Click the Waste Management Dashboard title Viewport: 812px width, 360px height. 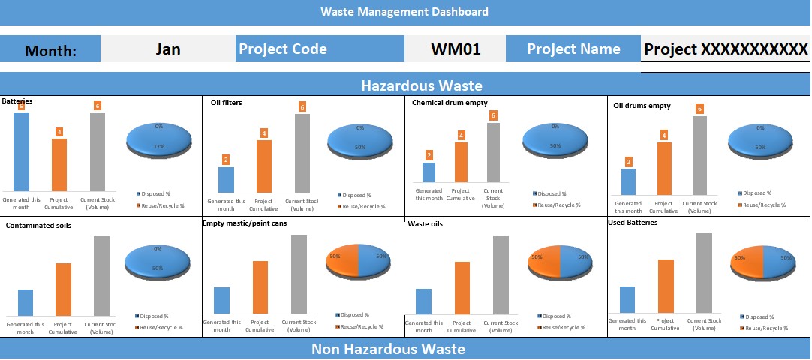coord(404,12)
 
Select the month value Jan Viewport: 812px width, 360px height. coord(168,49)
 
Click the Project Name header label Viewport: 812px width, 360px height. coord(573,49)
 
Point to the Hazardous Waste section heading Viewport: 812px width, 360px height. coord(421,85)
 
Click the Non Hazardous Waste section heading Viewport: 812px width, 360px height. coord(388,349)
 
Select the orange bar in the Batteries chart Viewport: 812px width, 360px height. coord(59,165)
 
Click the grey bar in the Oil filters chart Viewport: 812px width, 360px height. coord(302,153)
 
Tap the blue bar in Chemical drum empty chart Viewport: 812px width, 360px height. coord(429,172)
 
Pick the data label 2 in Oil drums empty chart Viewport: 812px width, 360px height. coord(629,162)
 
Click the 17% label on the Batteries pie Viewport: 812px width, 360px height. coord(159,147)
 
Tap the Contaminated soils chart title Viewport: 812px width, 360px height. coord(38,225)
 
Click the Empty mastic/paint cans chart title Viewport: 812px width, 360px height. coord(245,223)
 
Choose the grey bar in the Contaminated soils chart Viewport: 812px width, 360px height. coord(101,276)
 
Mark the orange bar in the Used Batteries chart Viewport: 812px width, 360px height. coord(666,286)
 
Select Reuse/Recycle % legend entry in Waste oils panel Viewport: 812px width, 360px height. coord(562,327)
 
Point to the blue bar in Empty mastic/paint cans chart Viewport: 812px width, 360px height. coord(221,300)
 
